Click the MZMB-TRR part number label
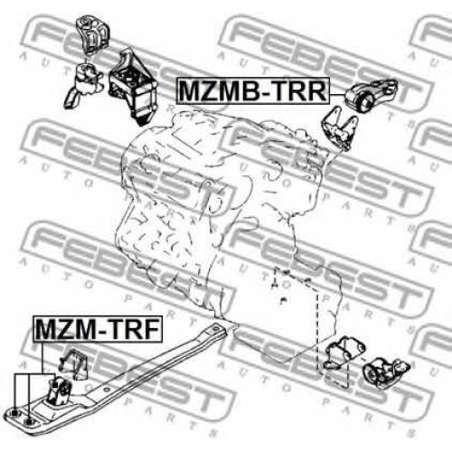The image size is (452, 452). click(252, 90)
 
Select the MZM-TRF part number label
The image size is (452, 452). click(98, 329)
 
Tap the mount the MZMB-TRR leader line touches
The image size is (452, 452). click(371, 94)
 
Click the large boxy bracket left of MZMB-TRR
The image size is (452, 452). click(133, 87)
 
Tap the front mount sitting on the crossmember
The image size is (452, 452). click(60, 391)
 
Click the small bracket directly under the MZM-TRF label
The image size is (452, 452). click(73, 363)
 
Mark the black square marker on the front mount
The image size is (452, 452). click(54, 386)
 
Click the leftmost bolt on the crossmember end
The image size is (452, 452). click(14, 414)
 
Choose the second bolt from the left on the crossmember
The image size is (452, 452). click(28, 421)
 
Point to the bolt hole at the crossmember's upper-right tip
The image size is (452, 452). click(216, 327)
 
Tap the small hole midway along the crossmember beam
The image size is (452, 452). click(106, 390)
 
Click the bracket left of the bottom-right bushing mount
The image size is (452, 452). click(344, 353)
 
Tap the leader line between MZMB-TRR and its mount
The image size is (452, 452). click(337, 95)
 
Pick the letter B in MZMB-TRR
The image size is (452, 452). click(248, 91)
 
